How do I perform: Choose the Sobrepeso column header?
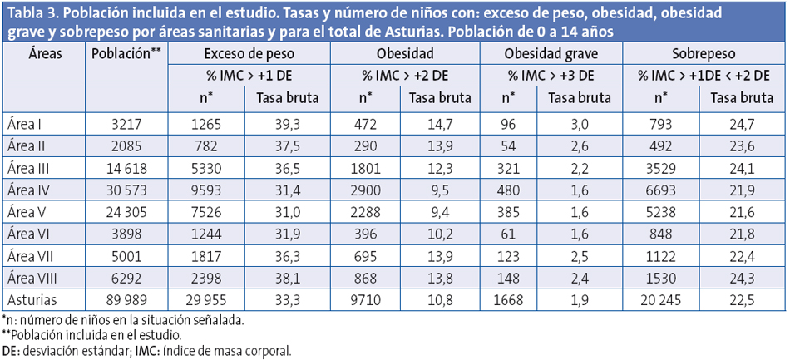point(705,53)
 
